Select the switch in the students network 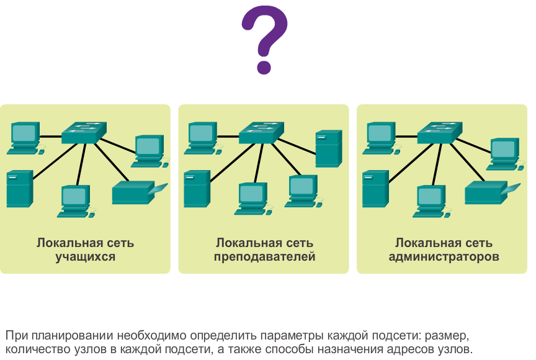coord(84,132)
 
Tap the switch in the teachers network coord(262,132)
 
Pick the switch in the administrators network coord(440,132)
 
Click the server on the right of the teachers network coord(329,148)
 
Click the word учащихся coord(85,256)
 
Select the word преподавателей coord(264,256)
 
